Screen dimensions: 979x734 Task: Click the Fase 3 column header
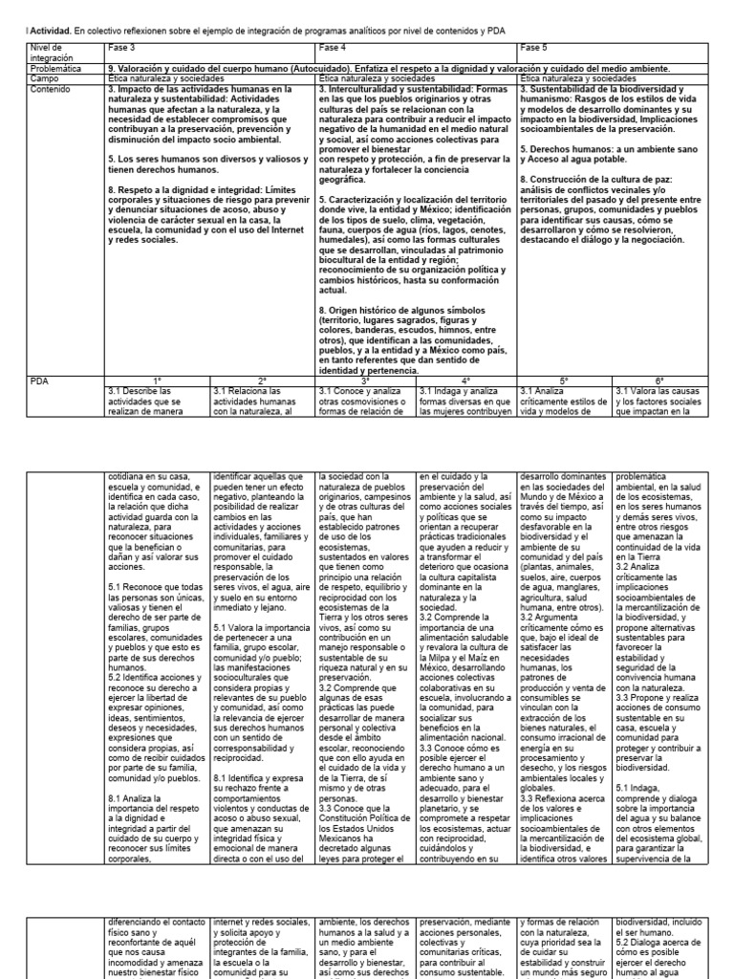[120, 47]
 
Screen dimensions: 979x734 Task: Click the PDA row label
[39, 380]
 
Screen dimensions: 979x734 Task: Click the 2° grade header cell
[261, 380]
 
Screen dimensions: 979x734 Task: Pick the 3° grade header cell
[365, 380]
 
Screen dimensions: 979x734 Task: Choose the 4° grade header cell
[466, 380]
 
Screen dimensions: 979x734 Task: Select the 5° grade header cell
[564, 380]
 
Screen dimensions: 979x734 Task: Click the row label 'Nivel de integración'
[47, 53]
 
